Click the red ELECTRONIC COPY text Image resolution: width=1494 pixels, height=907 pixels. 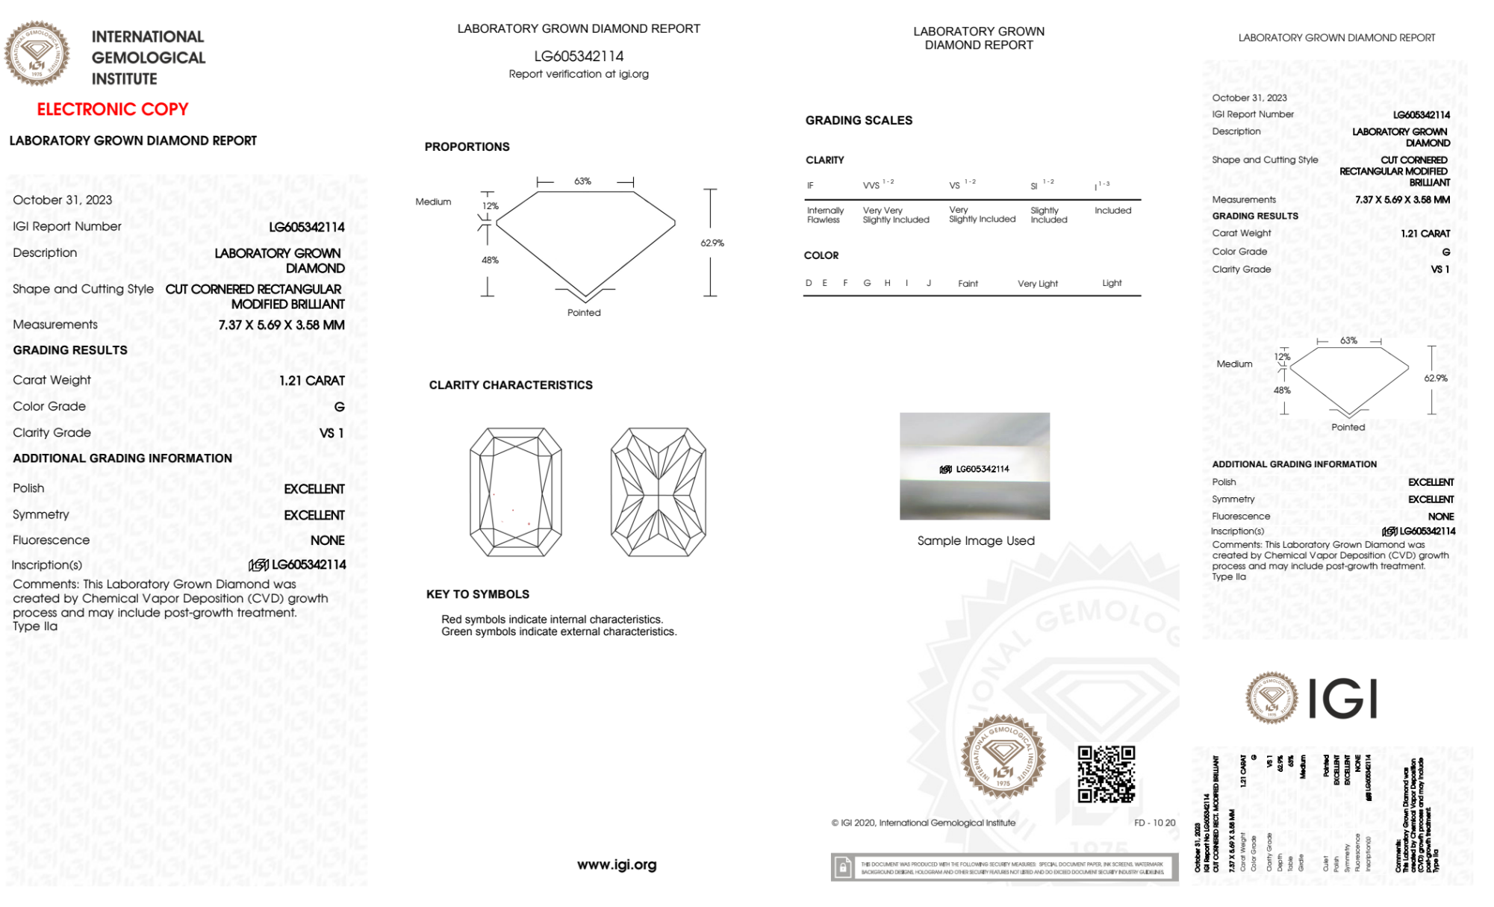click(113, 109)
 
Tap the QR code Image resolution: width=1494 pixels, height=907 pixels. click(1106, 774)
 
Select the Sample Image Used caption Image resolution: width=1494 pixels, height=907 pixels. click(975, 540)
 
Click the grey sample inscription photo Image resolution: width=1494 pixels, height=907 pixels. click(974, 466)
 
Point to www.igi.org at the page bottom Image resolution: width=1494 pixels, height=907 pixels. click(617, 864)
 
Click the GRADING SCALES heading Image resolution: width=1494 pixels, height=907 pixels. click(859, 120)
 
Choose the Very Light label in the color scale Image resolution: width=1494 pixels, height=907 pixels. click(1037, 284)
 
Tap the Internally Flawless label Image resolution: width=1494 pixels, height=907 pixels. click(825, 215)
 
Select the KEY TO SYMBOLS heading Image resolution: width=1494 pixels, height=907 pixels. click(478, 594)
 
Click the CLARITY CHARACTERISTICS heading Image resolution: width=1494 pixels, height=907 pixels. click(511, 385)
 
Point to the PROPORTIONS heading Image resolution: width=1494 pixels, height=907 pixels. click(467, 147)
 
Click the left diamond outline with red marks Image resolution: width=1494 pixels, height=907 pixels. click(515, 492)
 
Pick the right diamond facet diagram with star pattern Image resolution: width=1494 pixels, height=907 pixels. click(658, 492)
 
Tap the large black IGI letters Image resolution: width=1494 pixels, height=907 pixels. click(1343, 699)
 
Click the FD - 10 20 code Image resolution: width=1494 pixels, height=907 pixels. click(1154, 823)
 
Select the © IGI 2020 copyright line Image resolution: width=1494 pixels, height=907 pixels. click(924, 823)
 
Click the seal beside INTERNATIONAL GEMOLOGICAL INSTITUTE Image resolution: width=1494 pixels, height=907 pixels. click(37, 53)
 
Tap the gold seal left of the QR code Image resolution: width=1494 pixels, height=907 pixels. click(1003, 757)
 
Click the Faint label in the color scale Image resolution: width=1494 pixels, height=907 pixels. click(968, 284)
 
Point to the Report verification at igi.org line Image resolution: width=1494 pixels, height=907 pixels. click(579, 74)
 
